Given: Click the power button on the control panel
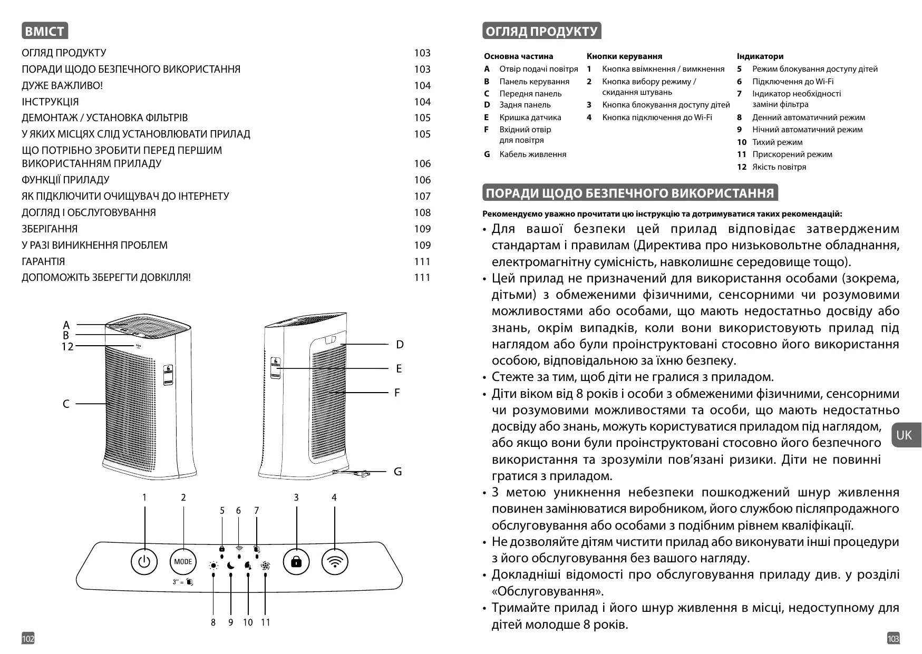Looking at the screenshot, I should coord(144,561).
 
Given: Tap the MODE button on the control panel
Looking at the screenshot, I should coord(183,561).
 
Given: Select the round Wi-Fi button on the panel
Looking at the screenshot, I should coord(335,561).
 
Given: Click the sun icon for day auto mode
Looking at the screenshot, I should coord(213,566).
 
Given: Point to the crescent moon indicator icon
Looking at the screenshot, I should coord(231,566).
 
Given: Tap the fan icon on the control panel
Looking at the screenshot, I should coord(265,566).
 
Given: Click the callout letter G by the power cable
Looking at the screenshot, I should coord(398,472).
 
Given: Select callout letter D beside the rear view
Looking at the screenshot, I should coord(400,345).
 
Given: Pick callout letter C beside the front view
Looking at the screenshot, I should coord(66,404).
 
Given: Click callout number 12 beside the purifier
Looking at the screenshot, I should coord(67,347).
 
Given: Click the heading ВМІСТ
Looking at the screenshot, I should coord(45,31).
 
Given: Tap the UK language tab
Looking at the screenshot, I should coord(905,435).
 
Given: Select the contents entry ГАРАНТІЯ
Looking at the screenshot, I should coord(43,261).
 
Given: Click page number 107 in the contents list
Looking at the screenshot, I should coord(422,196).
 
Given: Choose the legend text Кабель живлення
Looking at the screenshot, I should coord(532,154).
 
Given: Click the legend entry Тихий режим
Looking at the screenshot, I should coord(777,142).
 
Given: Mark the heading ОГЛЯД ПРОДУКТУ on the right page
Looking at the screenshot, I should coord(541,31).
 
